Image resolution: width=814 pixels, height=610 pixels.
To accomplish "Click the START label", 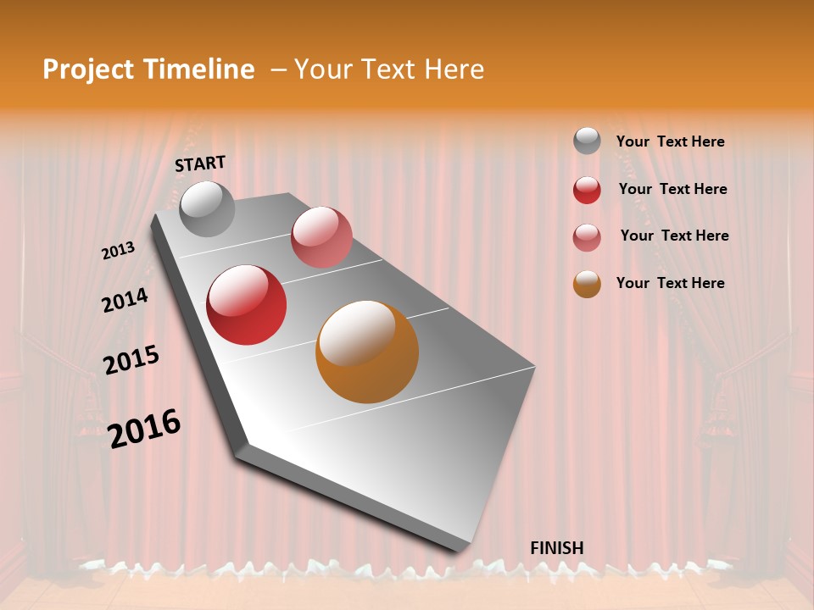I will pos(200,164).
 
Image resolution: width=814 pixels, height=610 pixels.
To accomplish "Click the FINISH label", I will pos(557,548).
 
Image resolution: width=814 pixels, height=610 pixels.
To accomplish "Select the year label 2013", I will pos(119,251).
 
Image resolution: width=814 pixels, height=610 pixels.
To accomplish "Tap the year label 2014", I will pos(125,301).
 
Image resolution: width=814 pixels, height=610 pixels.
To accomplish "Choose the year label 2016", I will pos(145,429).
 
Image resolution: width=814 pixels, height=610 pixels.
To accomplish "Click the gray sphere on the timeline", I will pos(207,208).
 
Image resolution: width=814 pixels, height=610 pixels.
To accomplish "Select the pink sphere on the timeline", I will pos(321,237).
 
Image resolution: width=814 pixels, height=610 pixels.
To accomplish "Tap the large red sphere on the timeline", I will pos(247,305).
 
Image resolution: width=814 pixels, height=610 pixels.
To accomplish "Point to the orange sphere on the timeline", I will pos(367,352).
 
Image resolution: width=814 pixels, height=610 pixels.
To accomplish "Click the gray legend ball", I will pos(587,141).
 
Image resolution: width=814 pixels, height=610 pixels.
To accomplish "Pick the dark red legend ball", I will pos(587,190).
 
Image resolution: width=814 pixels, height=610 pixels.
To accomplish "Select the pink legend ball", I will pos(587,237).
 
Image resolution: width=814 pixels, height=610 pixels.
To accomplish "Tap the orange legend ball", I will pos(587,284).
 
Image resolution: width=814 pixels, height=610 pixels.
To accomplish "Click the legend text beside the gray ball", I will pos(670,142).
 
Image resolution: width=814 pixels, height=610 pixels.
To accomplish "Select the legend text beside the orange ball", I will pos(670,283).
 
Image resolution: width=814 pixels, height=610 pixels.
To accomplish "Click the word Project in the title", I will pos(88,69).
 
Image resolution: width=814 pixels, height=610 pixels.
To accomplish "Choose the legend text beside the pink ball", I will pos(674,236).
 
